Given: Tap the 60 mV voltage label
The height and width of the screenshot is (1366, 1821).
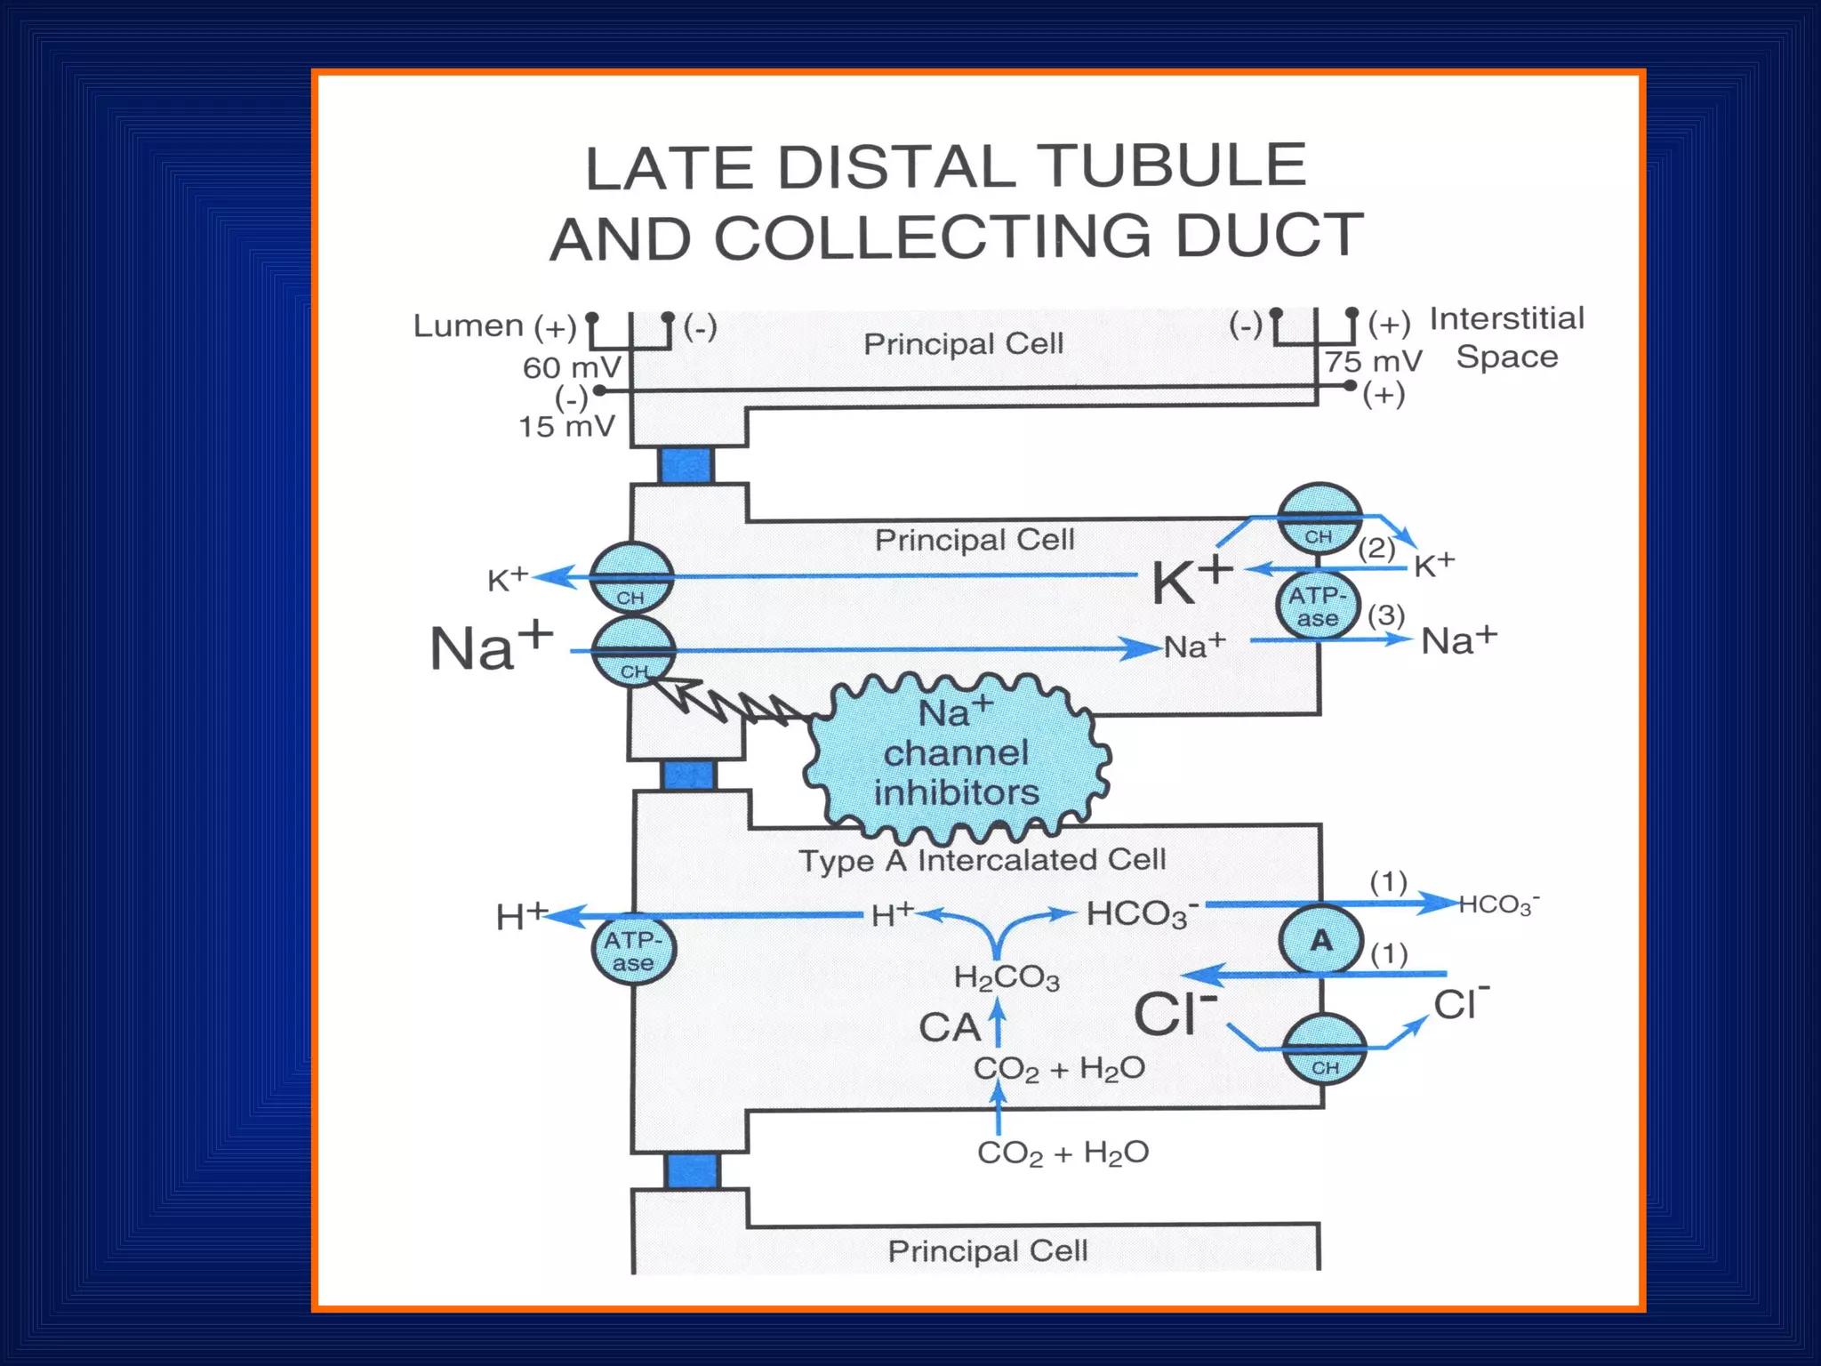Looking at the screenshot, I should [572, 367].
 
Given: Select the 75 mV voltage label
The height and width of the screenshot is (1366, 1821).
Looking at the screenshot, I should [1374, 362].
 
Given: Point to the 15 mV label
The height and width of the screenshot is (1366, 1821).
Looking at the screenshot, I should [566, 427].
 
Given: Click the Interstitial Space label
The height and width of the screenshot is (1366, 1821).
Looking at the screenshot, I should [1507, 338].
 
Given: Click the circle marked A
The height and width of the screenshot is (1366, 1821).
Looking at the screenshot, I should [1321, 940].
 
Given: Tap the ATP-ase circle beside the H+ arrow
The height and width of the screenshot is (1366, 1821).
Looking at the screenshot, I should [633, 951].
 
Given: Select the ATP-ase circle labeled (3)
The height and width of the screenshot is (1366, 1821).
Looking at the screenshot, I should [1318, 607].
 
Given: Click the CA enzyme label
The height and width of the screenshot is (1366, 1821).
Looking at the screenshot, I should [949, 1028].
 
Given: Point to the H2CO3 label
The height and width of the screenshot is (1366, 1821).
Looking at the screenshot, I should [1007, 978].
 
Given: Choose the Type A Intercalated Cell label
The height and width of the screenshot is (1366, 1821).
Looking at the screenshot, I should [982, 860].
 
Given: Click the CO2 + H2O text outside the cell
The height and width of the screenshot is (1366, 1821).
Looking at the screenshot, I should [1063, 1153].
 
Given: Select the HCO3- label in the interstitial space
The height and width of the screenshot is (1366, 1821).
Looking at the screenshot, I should [1499, 904].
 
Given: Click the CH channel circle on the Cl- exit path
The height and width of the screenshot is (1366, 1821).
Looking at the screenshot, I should [1325, 1049].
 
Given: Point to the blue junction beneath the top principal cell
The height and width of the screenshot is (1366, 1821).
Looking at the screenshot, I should [686, 465].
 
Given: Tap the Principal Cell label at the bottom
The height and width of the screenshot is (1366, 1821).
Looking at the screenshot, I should [987, 1251].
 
